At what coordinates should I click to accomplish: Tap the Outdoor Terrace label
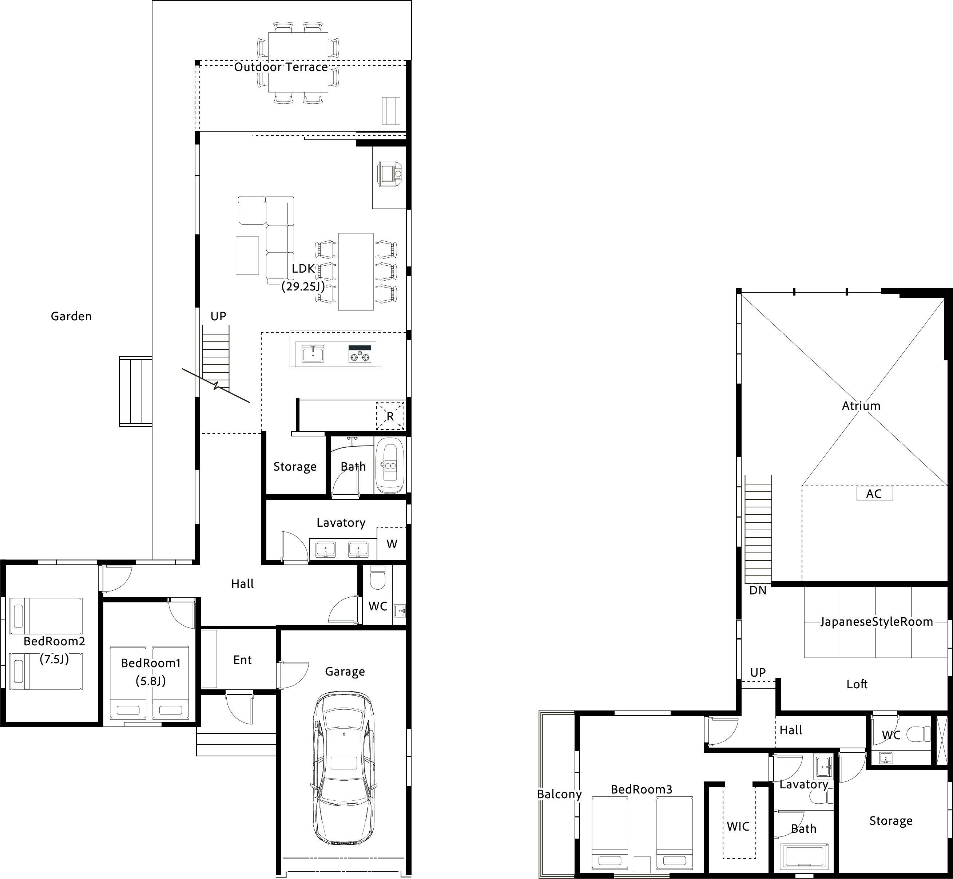281,67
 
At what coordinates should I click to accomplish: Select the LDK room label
303,269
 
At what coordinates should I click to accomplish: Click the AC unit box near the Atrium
874,493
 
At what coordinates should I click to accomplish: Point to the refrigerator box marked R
390,416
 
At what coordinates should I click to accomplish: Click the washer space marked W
392,544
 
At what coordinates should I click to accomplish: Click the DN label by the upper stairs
758,590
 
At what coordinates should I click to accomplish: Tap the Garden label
71,316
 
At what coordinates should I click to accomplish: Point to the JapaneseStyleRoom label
877,622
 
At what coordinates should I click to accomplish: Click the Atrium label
861,406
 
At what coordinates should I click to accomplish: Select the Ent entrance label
243,660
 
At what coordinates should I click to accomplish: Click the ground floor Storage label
295,467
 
